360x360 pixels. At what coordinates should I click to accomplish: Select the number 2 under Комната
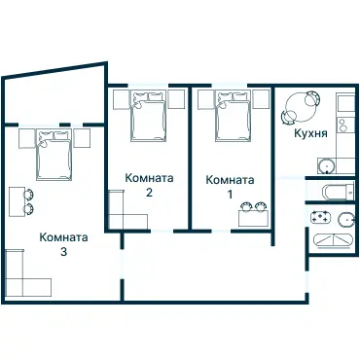pos(149,193)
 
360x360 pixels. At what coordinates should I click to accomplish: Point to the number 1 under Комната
pos(231,194)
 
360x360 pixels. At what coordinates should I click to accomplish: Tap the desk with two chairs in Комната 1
pos(253,213)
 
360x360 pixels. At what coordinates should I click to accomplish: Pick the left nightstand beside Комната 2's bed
pos(121,98)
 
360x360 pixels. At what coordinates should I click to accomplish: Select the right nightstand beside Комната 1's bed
pos(259,98)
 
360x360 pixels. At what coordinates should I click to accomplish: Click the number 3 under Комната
pos(64,252)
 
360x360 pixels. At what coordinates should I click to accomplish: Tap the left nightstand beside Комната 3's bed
pos(25,137)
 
